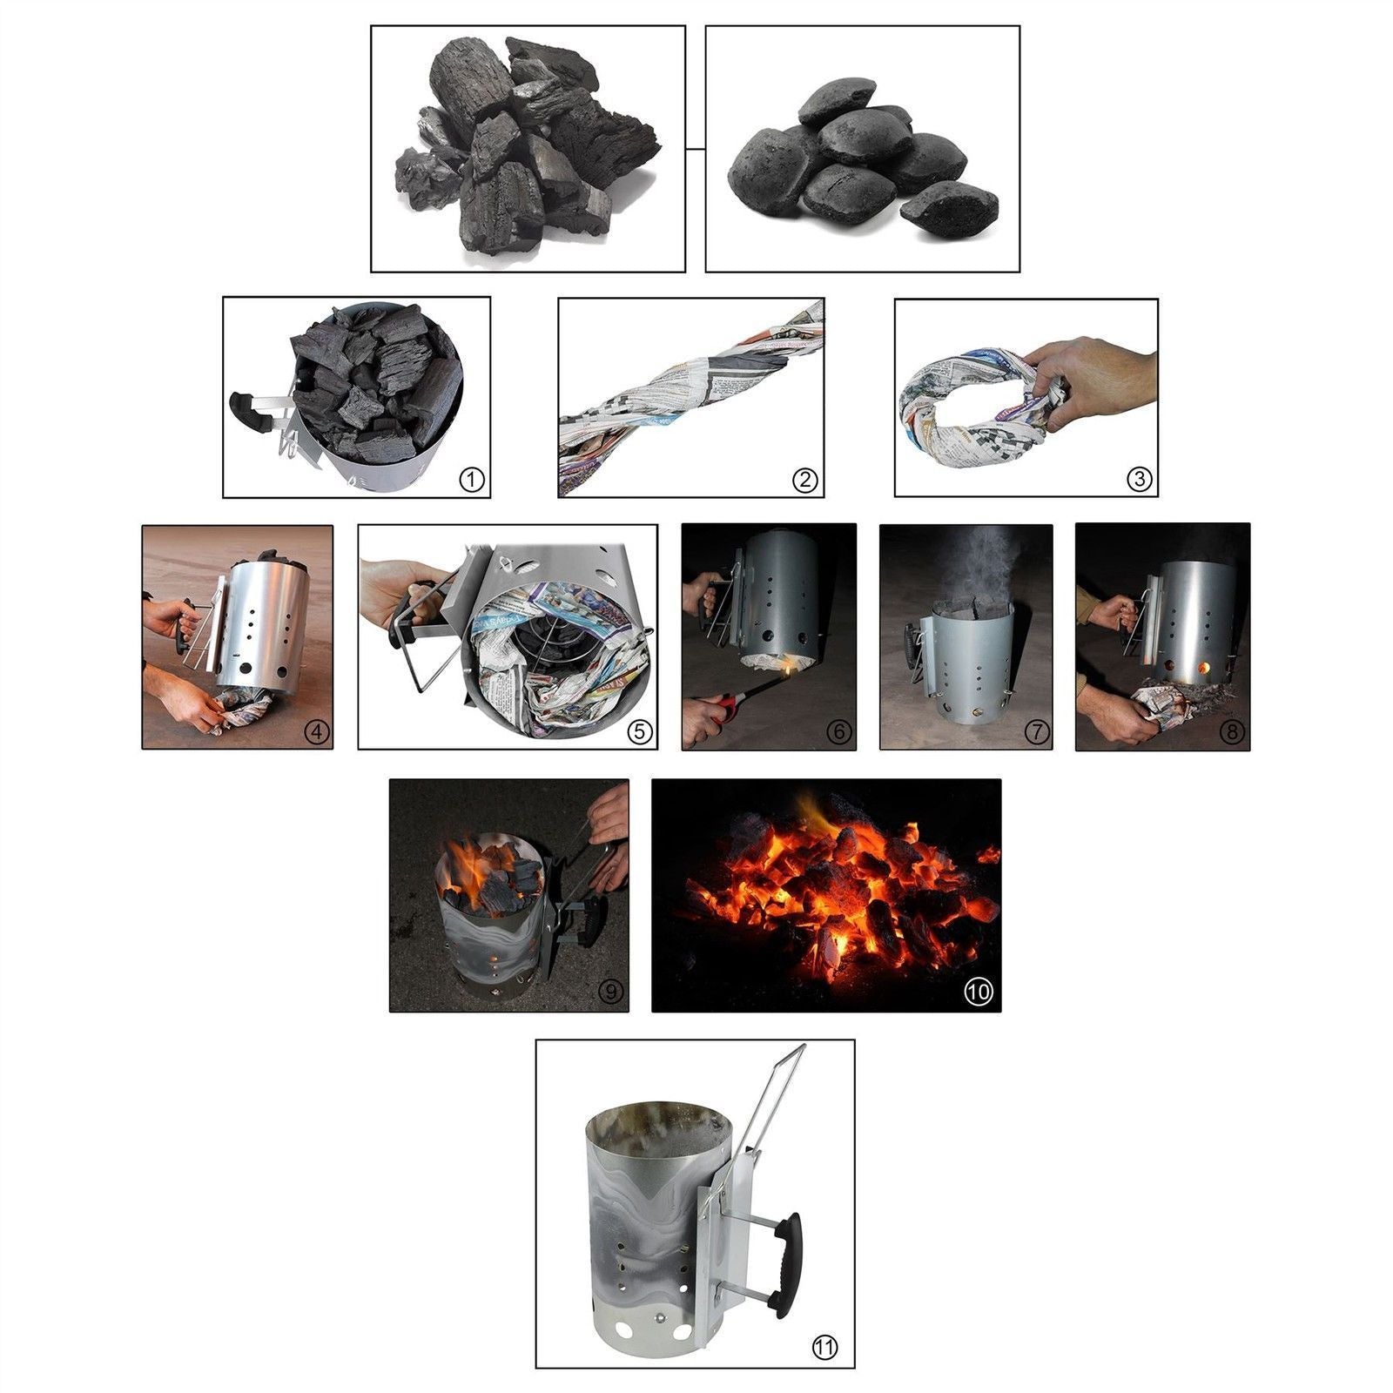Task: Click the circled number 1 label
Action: coord(471,479)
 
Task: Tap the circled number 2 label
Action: coord(804,479)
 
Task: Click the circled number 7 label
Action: coord(1036,732)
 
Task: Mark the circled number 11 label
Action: coord(824,1348)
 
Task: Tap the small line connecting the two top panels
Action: coord(695,149)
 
